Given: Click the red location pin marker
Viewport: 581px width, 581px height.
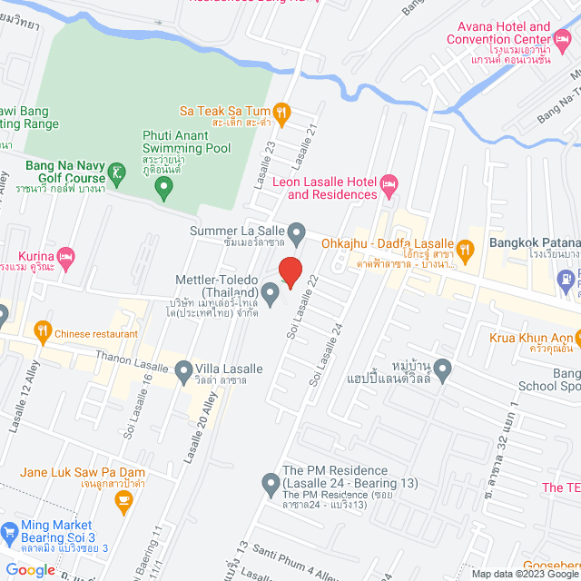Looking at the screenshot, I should point(290,271).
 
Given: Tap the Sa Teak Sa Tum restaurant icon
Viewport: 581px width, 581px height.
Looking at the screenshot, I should point(281,112).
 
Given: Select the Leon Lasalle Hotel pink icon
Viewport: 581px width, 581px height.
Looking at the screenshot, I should point(389,187).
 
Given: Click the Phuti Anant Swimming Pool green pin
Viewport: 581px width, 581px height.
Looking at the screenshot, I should point(163,189).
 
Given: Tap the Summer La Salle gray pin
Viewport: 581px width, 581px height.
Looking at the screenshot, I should point(296,231).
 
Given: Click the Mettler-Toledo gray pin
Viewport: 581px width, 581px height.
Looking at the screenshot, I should point(270,291).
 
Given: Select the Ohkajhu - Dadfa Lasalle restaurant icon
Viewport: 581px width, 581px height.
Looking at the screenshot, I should point(464,250).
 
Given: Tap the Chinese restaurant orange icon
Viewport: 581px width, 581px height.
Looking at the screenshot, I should point(42,333).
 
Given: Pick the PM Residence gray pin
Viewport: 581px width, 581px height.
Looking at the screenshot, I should point(270,483).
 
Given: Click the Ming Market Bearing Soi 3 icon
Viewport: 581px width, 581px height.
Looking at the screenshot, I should point(9,531).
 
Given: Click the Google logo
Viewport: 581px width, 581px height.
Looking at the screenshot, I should point(30,570).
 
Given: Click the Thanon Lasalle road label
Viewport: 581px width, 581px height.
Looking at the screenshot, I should point(131,360).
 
